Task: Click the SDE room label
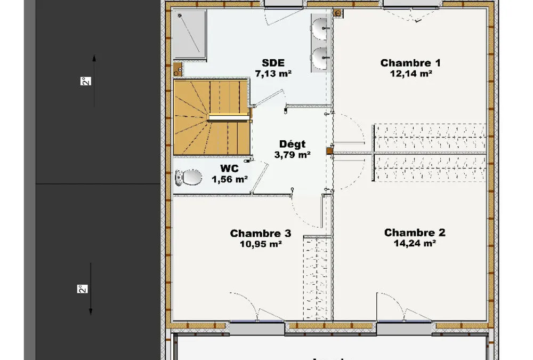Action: coord(273,62)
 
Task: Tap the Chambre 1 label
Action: coord(410,63)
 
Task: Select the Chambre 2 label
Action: coord(414,233)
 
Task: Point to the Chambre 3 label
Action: coord(261,233)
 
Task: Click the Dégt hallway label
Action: coord(292,144)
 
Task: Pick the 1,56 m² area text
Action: coord(229,179)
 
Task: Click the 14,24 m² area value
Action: coord(415,243)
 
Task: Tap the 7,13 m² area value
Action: coord(273,73)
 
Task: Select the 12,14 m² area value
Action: coord(411,74)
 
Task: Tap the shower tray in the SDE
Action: coord(189,34)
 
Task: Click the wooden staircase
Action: coord(212,117)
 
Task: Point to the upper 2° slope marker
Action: coord(86,81)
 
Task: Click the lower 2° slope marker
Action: coord(83,289)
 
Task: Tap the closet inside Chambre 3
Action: coord(317,278)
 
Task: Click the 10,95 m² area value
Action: coord(261,244)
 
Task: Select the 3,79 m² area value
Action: coord(292,155)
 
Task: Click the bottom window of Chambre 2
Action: coord(404,328)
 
